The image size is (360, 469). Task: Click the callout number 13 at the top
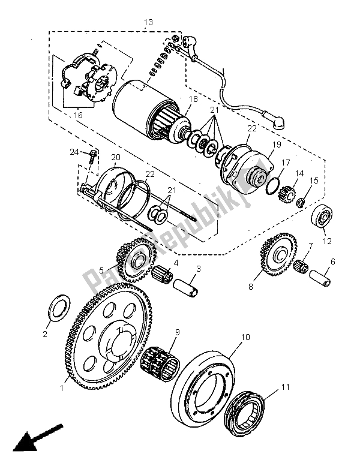pos(148,22)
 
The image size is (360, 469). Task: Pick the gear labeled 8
pos(278,254)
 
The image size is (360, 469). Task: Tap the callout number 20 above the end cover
pos(115,157)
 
